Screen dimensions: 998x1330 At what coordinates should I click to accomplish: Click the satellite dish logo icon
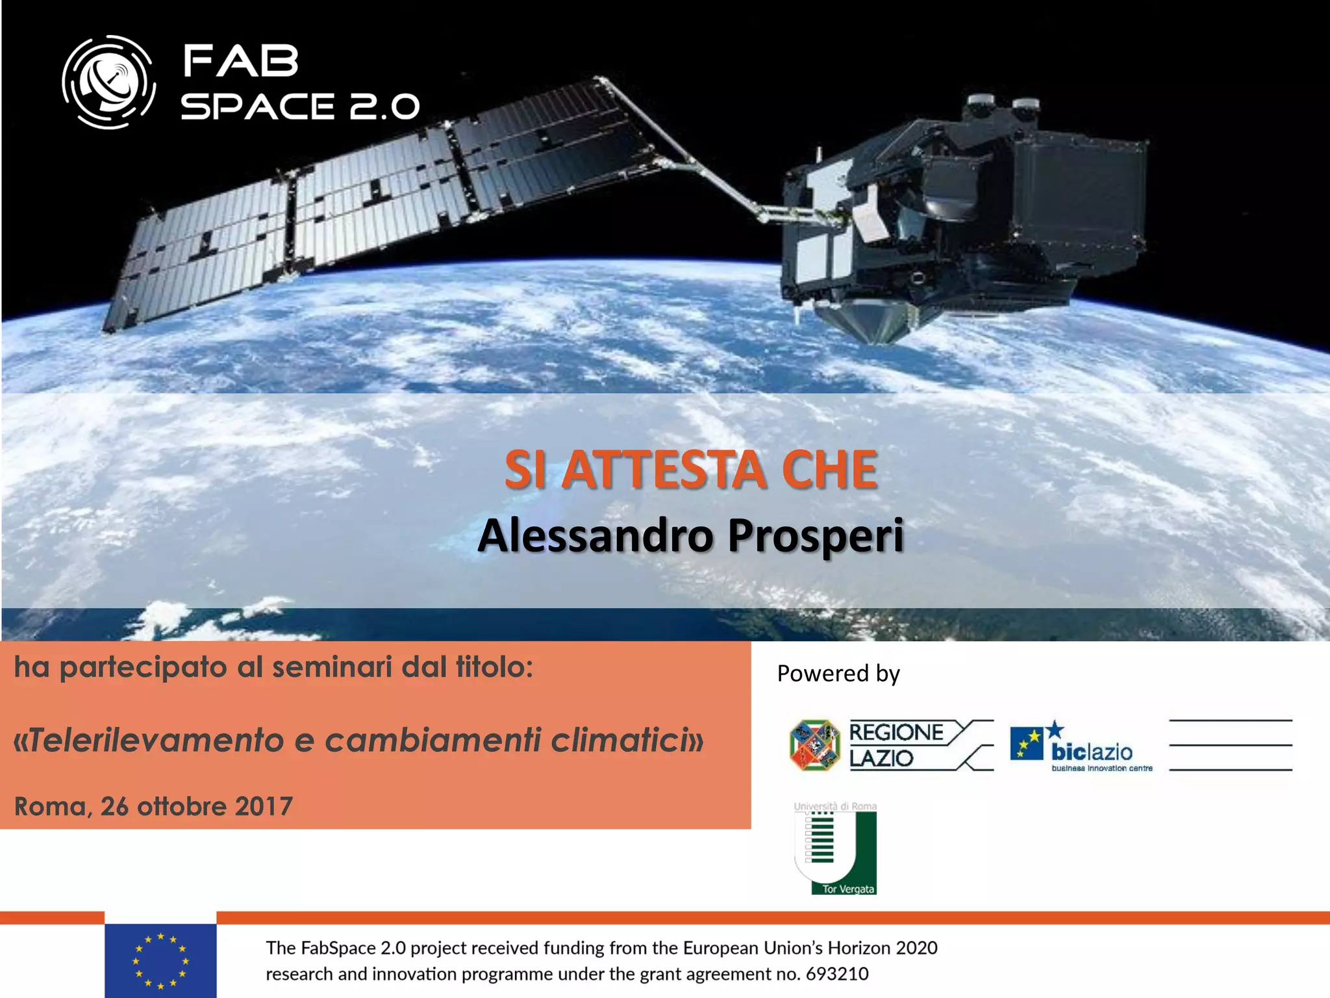tap(109, 83)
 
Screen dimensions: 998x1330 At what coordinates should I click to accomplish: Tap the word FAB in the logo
tap(240, 61)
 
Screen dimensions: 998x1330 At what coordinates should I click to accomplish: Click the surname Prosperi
tap(816, 536)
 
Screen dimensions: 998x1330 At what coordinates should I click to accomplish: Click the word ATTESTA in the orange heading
tap(663, 470)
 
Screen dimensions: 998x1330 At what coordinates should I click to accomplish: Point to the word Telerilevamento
tap(156, 740)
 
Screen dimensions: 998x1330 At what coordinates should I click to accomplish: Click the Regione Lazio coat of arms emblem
tap(814, 745)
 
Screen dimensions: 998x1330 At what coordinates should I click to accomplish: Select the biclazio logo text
tap(1092, 752)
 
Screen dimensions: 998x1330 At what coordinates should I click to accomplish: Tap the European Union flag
tap(160, 961)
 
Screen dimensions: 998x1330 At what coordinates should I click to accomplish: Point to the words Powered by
tap(838, 673)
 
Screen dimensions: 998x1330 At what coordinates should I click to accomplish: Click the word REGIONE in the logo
tap(896, 732)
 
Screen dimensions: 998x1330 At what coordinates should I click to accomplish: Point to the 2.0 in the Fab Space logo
tap(384, 107)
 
